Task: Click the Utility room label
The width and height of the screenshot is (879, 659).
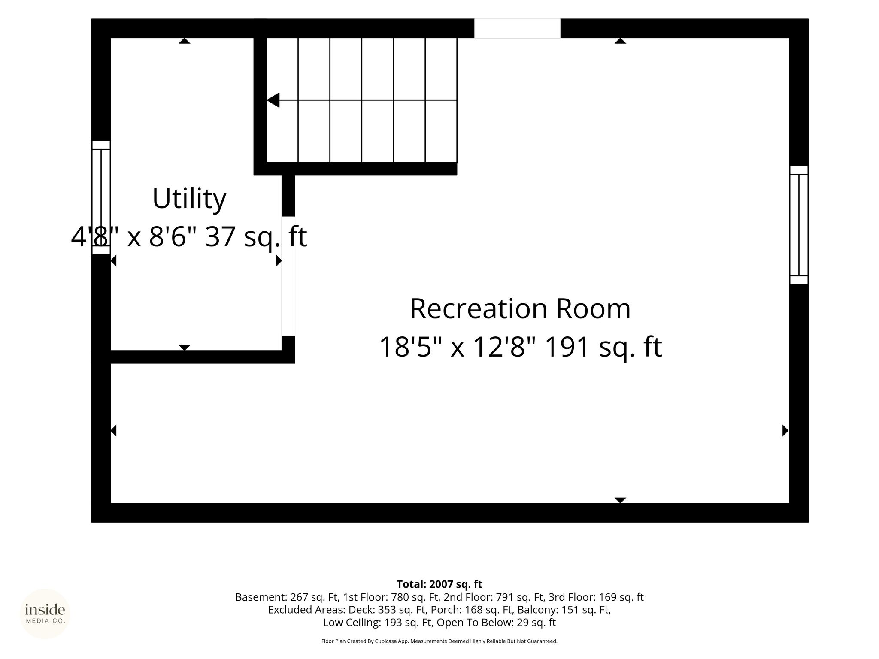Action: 189,199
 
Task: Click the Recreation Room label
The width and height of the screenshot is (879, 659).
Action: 520,309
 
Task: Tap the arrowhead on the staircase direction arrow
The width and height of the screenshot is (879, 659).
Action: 273,100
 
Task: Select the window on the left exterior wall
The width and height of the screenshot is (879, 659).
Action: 101,197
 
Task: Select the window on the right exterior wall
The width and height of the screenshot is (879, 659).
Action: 799,225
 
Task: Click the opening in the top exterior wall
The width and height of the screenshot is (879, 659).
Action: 517,28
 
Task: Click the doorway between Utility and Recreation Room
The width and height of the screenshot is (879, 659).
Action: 288,276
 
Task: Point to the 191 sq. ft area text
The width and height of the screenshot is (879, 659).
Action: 603,347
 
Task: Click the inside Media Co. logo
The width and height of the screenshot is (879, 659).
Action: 45,614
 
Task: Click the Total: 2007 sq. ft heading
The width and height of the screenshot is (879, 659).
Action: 439,584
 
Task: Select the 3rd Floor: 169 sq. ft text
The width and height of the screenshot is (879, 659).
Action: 596,597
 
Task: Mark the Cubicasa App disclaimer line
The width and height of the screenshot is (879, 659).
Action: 439,641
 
